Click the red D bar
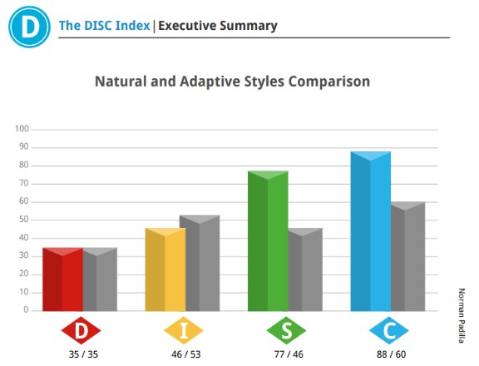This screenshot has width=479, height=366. (62, 279)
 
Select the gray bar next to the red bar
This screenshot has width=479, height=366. (100, 279)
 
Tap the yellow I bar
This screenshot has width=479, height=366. (165, 270)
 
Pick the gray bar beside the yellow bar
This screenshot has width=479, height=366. (203, 263)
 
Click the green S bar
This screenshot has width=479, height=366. (268, 241)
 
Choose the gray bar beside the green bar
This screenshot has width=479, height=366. (305, 270)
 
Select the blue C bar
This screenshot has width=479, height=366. (371, 231)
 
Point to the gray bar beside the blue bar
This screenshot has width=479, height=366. (408, 256)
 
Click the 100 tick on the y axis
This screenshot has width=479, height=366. (22, 129)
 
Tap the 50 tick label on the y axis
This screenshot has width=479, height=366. (23, 220)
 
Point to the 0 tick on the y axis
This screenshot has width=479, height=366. (26, 309)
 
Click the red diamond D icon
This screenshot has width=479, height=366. (81, 330)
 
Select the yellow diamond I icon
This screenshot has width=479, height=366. (184, 330)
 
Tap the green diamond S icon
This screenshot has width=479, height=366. (286, 330)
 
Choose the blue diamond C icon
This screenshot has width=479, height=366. (389, 330)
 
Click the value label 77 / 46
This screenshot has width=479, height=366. (289, 354)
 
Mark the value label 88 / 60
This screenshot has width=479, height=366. (392, 354)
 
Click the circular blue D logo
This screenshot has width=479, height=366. (29, 27)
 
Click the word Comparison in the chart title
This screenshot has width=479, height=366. (329, 82)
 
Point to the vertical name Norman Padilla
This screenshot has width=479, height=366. (462, 315)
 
